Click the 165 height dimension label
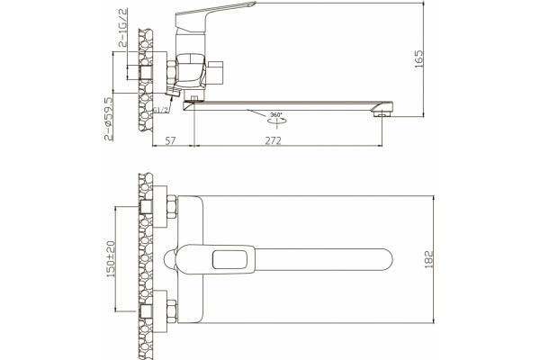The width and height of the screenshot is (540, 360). [418, 58]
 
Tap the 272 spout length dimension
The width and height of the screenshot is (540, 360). [273, 140]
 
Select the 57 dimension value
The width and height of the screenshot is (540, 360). [170, 140]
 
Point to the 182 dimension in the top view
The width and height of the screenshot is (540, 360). [428, 259]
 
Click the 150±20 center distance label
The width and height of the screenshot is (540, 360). [111, 259]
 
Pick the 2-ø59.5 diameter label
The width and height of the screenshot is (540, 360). [109, 119]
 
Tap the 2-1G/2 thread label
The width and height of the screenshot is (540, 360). [122, 28]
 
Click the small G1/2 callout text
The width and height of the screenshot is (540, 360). [161, 110]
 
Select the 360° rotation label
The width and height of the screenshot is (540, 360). [276, 114]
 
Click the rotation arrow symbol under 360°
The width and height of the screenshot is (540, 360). [276, 121]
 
